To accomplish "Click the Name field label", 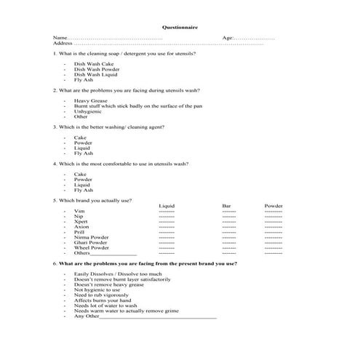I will point(60,38).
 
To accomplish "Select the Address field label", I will point(63,44).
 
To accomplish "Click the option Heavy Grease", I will point(90,101).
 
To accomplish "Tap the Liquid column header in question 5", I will point(167,206).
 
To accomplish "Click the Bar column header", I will point(226,206).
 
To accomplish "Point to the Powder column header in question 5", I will point(273,206).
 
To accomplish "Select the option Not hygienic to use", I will point(97,289).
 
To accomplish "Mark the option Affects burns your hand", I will point(103,300).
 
